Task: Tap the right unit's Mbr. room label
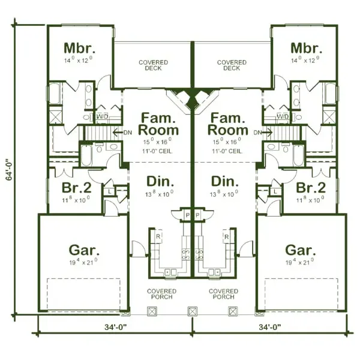click(304, 48)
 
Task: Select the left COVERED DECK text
click(153, 65)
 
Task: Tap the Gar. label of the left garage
click(85, 250)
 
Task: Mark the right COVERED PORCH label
click(223, 295)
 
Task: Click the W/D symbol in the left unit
click(103, 116)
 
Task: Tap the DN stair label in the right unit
click(257, 132)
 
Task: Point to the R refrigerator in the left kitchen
click(158, 237)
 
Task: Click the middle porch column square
click(192, 312)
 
